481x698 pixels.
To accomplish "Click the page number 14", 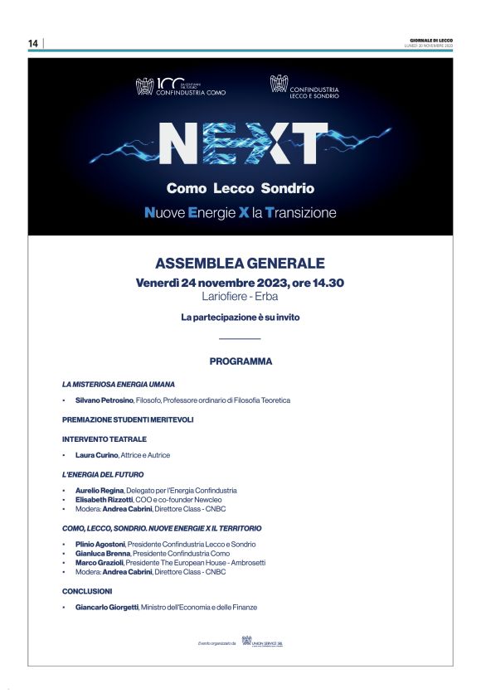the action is click(33, 43).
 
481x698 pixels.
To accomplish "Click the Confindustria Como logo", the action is click(180, 86).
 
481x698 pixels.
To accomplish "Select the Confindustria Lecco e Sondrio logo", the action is click(305, 86).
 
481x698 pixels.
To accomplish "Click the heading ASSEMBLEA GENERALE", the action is click(240, 264).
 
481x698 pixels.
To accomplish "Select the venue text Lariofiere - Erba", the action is click(240, 296).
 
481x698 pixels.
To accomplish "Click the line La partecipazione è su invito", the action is click(240, 317).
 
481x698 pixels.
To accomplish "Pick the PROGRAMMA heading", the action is click(240, 361).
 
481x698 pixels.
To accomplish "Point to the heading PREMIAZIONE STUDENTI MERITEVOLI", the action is click(128, 419).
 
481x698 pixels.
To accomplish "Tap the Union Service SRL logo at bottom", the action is click(267, 642).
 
